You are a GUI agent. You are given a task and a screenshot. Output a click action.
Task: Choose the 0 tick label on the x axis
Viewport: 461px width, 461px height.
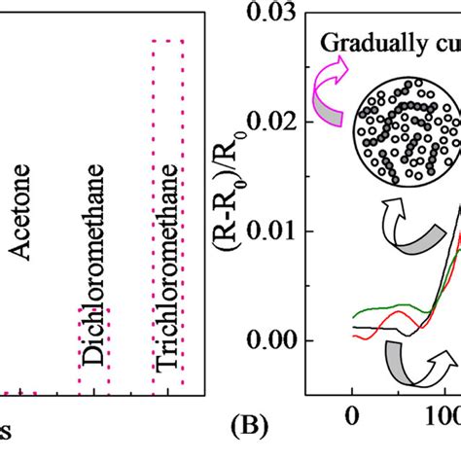coord(352,416)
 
